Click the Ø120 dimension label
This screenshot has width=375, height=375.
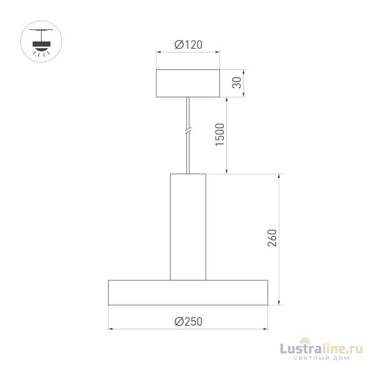187,45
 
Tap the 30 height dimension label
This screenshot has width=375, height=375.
237,83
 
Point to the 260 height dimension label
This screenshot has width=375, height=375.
272,239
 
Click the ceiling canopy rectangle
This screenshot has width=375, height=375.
187,83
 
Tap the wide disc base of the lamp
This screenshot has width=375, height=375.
188,292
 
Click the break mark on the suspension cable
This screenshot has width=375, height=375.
187,132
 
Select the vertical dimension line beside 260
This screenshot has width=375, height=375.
279,239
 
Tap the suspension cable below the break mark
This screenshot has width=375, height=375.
187,153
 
